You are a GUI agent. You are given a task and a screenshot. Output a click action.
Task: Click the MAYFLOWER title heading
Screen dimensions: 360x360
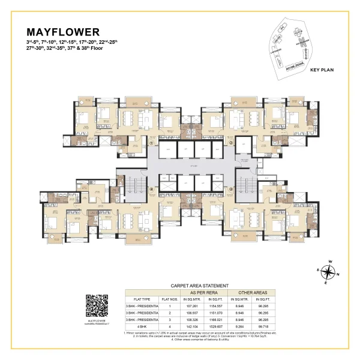(x=63, y=32)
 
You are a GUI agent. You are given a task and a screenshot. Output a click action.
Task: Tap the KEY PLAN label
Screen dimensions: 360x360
(x=322, y=70)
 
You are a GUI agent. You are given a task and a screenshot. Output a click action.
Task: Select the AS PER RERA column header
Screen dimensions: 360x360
(x=200, y=292)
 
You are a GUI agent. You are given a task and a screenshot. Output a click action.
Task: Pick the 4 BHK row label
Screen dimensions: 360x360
(x=132, y=327)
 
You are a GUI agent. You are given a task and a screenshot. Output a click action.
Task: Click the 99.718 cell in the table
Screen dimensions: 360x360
(x=265, y=327)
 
